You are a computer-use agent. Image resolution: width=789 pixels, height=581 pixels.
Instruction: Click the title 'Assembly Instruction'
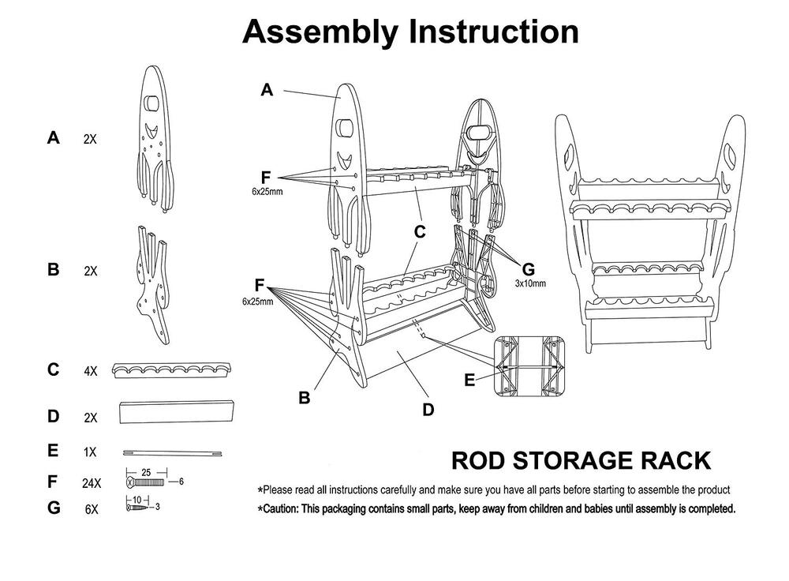point(410,32)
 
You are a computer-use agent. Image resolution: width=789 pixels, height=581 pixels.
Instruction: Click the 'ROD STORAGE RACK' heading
point(580,461)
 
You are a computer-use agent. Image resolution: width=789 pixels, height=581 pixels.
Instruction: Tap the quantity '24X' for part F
point(92,483)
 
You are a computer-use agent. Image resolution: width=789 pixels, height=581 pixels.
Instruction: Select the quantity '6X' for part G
point(91,509)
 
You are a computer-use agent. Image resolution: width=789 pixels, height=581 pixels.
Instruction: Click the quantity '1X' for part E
point(90,452)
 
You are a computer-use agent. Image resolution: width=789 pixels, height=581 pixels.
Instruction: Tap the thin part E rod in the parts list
point(173,453)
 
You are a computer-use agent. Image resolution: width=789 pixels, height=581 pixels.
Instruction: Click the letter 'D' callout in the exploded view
point(428,410)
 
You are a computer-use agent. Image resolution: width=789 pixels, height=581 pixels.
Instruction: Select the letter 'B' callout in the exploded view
point(304,399)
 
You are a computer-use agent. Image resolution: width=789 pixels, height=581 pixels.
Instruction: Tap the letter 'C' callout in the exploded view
point(420,232)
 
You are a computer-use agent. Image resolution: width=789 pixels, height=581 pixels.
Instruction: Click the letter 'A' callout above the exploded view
point(267,91)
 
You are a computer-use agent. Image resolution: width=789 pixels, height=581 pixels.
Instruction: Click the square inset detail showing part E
point(533,367)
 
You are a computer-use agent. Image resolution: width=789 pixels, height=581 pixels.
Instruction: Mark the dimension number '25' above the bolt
point(146,472)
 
